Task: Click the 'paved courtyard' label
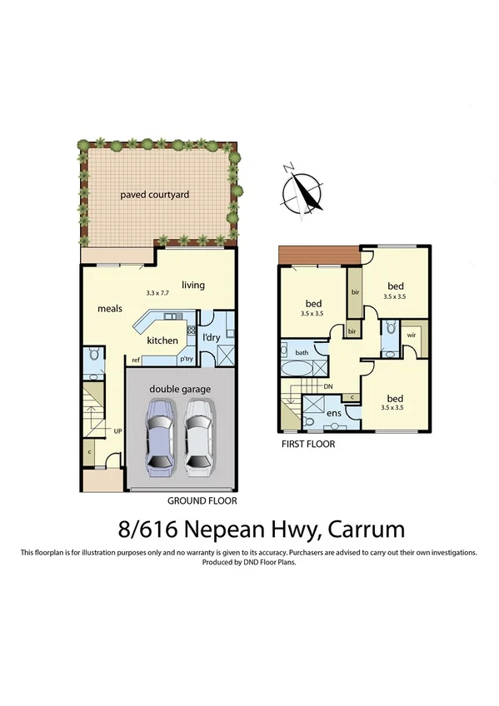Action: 155,195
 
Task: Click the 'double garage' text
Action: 180,389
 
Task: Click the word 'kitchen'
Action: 162,341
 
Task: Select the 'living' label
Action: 193,286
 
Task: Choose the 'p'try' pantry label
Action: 187,360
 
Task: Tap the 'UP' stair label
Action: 118,431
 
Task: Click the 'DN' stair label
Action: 328,387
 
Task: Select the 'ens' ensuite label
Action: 334,412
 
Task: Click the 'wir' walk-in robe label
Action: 411,336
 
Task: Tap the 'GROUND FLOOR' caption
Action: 202,501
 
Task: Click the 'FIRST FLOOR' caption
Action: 308,445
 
